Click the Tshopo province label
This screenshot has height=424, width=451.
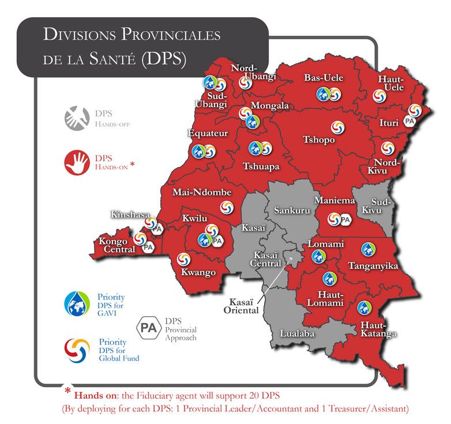pyautogui.click(x=319, y=139)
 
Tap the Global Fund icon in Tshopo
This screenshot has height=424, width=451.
pyautogui.click(x=336, y=126)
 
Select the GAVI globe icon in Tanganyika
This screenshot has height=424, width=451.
pyautogui.click(x=367, y=249)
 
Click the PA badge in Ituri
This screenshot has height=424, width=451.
pyautogui.click(x=410, y=120)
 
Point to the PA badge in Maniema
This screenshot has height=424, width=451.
pyautogui.click(x=345, y=219)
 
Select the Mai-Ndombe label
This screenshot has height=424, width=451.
pyautogui.click(x=202, y=192)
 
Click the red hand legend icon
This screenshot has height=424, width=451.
pyautogui.click(x=77, y=161)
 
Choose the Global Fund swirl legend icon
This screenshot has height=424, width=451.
pyautogui.click(x=77, y=349)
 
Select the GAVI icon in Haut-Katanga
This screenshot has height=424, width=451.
pyautogui.click(x=363, y=308)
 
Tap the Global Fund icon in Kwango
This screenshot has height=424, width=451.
pyautogui.click(x=183, y=260)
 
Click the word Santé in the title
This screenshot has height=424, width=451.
pyautogui.click(x=111, y=59)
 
